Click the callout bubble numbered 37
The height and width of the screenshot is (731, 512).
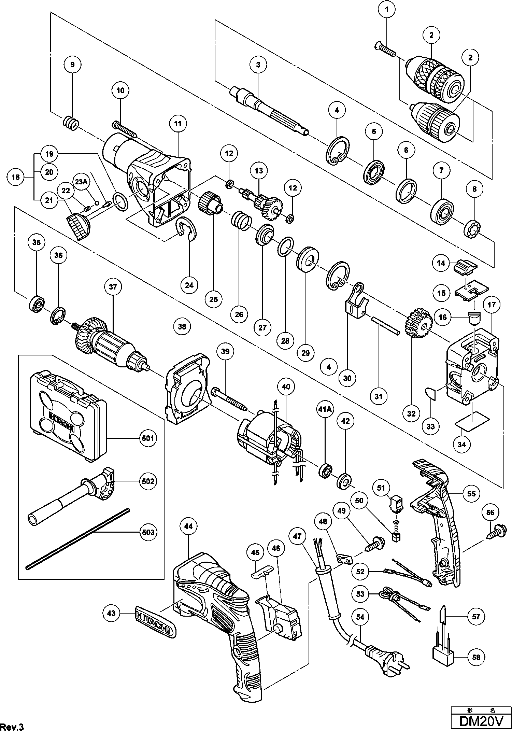[x=113, y=287]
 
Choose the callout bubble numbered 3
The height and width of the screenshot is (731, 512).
[x=258, y=64]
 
